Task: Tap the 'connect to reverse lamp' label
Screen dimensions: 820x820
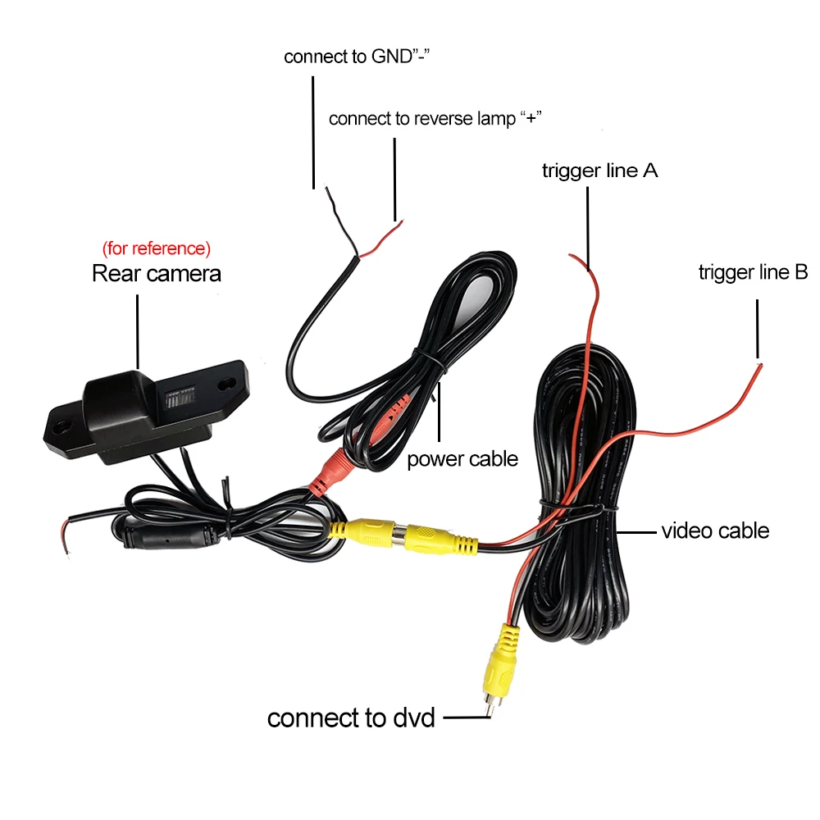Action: tap(435, 118)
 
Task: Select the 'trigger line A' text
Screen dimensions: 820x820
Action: tap(599, 171)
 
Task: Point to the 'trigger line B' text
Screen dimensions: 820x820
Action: tap(753, 272)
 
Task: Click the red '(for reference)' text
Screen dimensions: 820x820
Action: tap(156, 248)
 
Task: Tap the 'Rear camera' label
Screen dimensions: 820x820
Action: tap(156, 273)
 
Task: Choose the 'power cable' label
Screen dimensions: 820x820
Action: tap(462, 458)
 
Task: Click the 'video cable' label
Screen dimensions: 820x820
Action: tap(715, 531)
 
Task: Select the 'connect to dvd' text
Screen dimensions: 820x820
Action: tap(351, 717)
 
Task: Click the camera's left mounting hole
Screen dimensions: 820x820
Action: tap(61, 427)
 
